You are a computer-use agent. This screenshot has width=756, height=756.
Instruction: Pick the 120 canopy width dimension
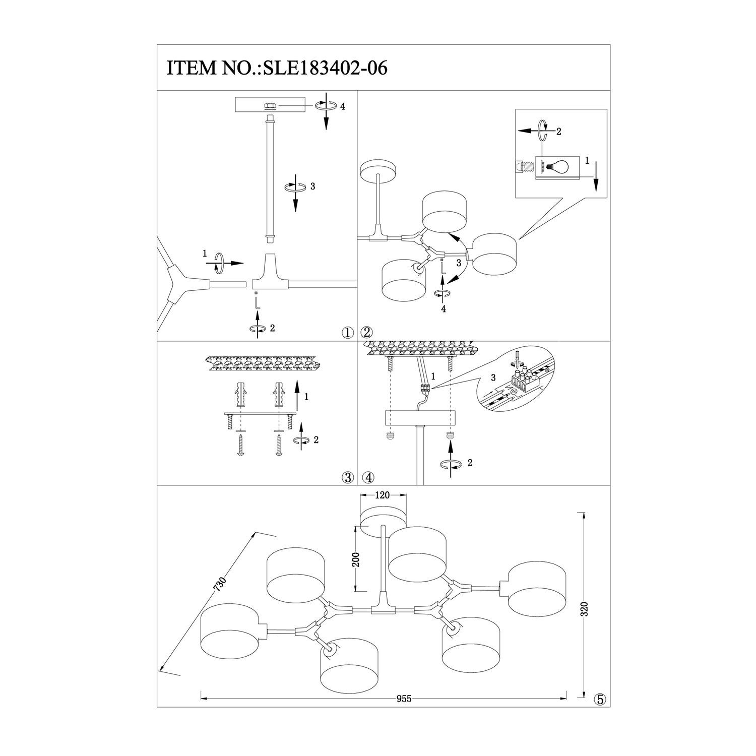click(x=383, y=495)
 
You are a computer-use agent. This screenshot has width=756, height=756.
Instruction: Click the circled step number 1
click(x=347, y=332)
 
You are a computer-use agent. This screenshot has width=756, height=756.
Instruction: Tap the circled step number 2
click(x=366, y=332)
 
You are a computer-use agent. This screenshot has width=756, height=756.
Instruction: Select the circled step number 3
click(x=347, y=477)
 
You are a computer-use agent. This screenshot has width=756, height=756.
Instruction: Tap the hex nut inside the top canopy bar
click(x=270, y=106)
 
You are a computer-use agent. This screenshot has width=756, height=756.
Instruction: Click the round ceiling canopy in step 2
click(x=379, y=168)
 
